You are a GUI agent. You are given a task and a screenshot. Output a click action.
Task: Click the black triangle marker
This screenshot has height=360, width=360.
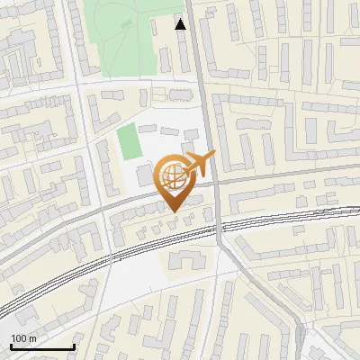(181, 24)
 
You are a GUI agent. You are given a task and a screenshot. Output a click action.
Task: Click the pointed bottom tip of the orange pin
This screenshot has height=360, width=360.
(174, 211)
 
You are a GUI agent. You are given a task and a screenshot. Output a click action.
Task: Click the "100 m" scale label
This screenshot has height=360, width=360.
(23, 338)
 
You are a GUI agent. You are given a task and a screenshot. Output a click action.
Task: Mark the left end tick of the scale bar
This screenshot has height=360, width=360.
(11, 345)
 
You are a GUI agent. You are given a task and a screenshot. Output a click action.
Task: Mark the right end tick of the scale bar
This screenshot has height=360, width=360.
(74, 345)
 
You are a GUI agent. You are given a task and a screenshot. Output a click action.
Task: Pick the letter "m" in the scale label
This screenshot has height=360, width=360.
(32, 338)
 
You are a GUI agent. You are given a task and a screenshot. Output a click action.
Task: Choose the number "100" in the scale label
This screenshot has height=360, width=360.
(19, 338)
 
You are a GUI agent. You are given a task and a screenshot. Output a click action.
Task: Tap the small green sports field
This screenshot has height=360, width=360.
(128, 142)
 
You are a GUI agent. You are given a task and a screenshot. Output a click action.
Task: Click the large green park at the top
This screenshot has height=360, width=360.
(121, 36)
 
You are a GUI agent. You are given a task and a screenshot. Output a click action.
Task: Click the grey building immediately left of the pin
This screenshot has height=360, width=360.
(145, 175)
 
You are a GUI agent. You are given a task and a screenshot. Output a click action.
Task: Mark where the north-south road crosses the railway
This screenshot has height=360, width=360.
(219, 230)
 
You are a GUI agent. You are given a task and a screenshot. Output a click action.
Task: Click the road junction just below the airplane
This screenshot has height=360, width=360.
(214, 181)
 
